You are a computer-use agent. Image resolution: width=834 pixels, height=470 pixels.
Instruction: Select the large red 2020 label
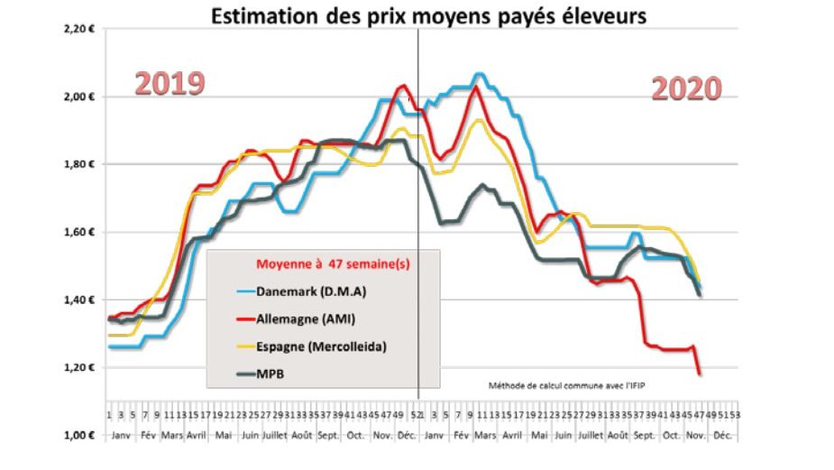pyautogui.click(x=686, y=88)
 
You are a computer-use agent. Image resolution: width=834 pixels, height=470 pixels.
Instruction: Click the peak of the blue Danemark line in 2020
pyautogui.click(x=479, y=74)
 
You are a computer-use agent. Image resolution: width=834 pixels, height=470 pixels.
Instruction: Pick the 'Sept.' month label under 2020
pyautogui.click(x=644, y=435)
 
